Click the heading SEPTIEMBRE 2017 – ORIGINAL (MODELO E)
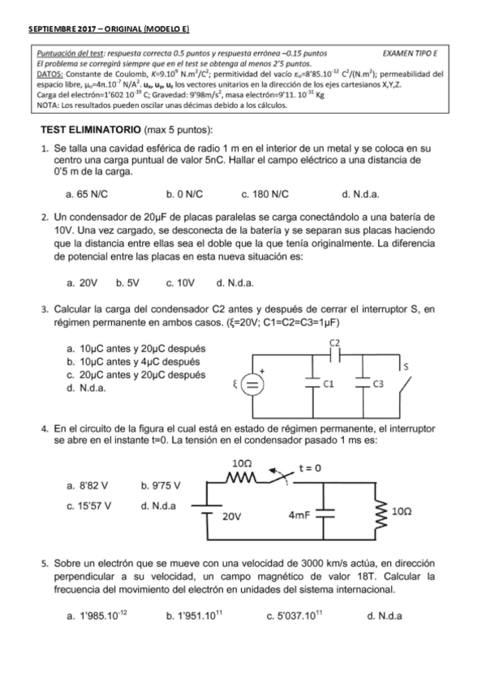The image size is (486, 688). click(109, 29)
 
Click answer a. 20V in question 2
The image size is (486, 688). click(82, 283)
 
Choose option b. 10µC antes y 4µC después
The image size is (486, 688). click(134, 362)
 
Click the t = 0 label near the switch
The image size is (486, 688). click(311, 467)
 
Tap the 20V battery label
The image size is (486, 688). click(232, 516)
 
